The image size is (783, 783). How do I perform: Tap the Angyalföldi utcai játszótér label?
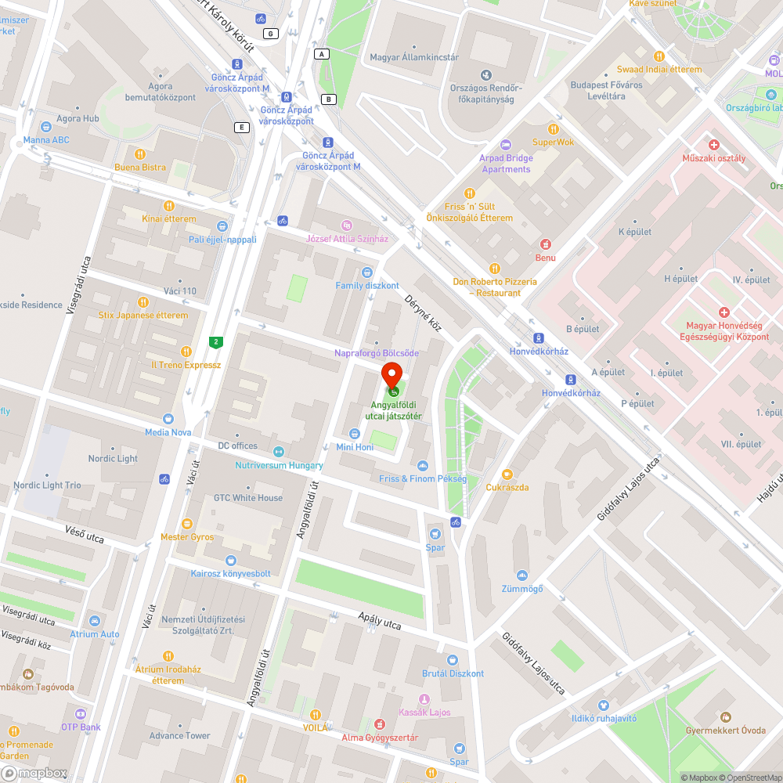pos(396,410)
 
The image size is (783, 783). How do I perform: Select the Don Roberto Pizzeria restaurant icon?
pos(494,269)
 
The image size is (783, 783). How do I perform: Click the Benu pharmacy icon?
pos(546,244)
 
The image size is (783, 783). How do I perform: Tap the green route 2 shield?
pos(215,341)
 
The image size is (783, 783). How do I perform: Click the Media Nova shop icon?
pos(168,419)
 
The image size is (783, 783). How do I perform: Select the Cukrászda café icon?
pos(507,474)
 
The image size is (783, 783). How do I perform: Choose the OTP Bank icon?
pos(81,713)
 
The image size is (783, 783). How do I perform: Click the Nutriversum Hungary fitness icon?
pos(278,452)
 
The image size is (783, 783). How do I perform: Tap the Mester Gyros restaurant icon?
pos(186,523)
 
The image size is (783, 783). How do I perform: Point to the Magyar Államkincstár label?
pos(414,57)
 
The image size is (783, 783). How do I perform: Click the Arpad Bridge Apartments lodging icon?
pos(505,144)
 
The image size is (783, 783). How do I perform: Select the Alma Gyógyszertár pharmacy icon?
pos(380,725)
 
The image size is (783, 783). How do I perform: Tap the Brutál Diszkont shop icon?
pos(453,660)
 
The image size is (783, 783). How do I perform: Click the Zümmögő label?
pos(522,588)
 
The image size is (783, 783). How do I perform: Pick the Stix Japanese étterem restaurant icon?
pos(143,302)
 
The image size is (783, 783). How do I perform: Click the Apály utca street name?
pos(379,622)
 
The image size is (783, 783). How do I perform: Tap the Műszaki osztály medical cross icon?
pos(713,145)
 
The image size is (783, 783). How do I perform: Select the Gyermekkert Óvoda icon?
pos(725,717)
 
